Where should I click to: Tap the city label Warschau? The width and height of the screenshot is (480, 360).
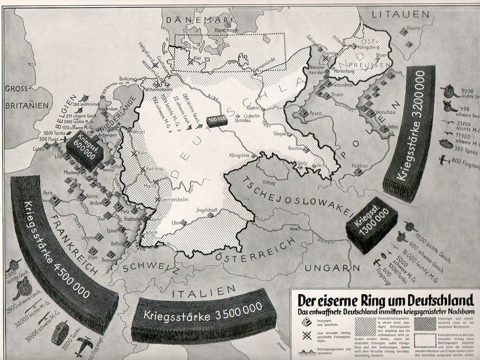tap(362, 111)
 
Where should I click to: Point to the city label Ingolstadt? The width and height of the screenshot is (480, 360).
tap(206, 209)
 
